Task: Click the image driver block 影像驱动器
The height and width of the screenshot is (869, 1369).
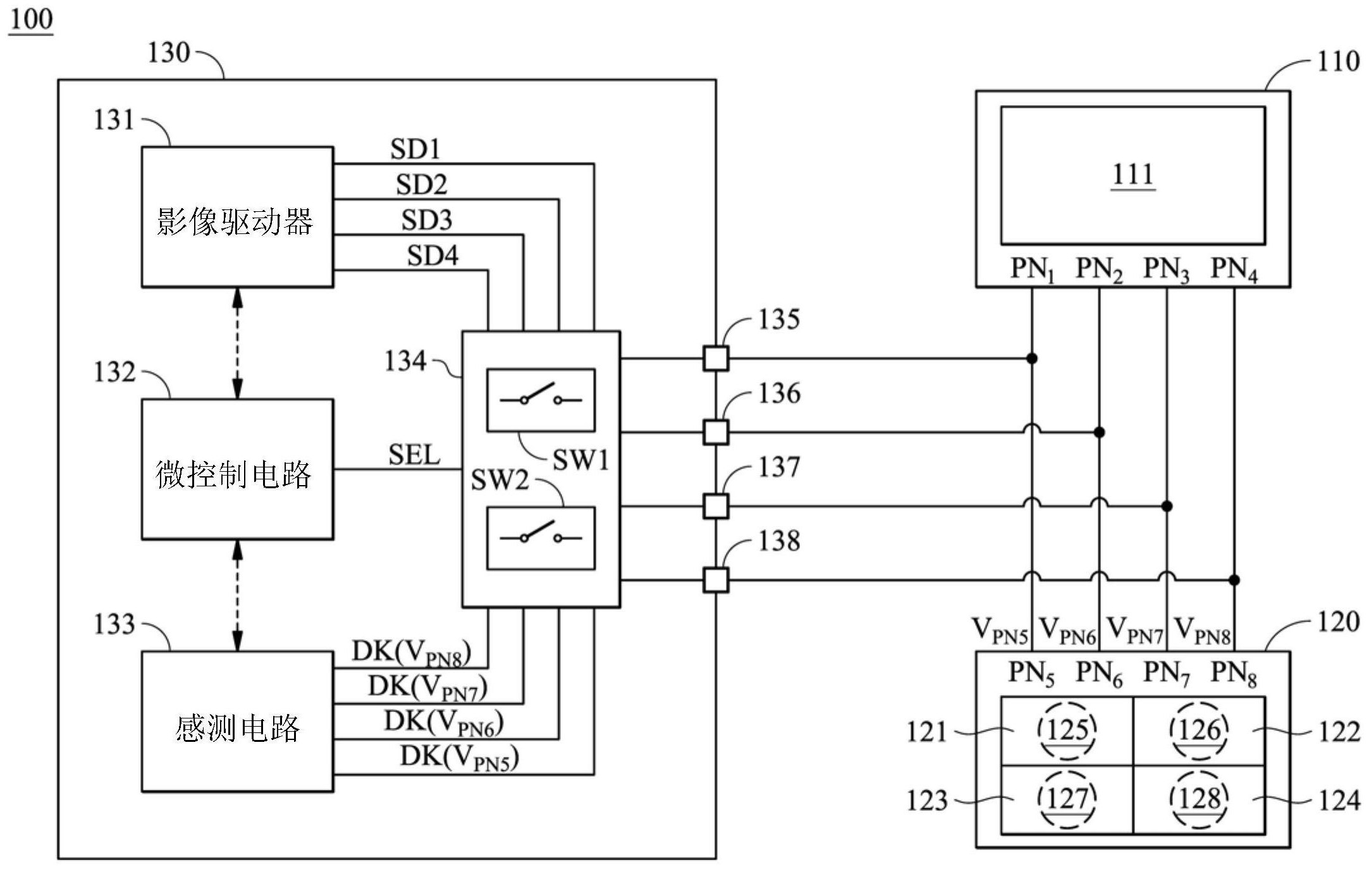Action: click(237, 218)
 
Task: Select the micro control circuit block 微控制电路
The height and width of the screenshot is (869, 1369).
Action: click(237, 469)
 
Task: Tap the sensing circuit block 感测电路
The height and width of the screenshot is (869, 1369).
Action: click(237, 722)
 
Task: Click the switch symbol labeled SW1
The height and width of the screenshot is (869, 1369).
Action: click(541, 400)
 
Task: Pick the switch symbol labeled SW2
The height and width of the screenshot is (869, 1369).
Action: click(541, 538)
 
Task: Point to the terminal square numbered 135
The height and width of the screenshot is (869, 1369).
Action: click(716, 359)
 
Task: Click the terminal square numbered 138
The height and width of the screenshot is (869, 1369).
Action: click(716, 580)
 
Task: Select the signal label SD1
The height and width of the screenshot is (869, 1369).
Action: click(415, 149)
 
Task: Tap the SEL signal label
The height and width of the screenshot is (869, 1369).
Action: click(414, 455)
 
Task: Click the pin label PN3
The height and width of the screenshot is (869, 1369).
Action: click(1166, 269)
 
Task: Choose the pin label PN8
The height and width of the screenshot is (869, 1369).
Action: click(1234, 674)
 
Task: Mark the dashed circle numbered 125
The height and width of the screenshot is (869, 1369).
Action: click(1067, 731)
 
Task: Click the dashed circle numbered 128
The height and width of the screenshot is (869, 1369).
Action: click(1199, 799)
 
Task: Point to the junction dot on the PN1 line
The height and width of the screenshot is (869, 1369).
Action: click(1032, 359)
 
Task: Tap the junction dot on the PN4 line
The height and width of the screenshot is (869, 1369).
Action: click(1234, 580)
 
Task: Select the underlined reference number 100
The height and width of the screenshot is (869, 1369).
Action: click(31, 19)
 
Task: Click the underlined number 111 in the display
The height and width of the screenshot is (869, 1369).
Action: click(1133, 175)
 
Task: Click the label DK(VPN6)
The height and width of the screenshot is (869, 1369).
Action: click(444, 724)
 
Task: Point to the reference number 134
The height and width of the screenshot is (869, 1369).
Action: click(405, 361)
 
